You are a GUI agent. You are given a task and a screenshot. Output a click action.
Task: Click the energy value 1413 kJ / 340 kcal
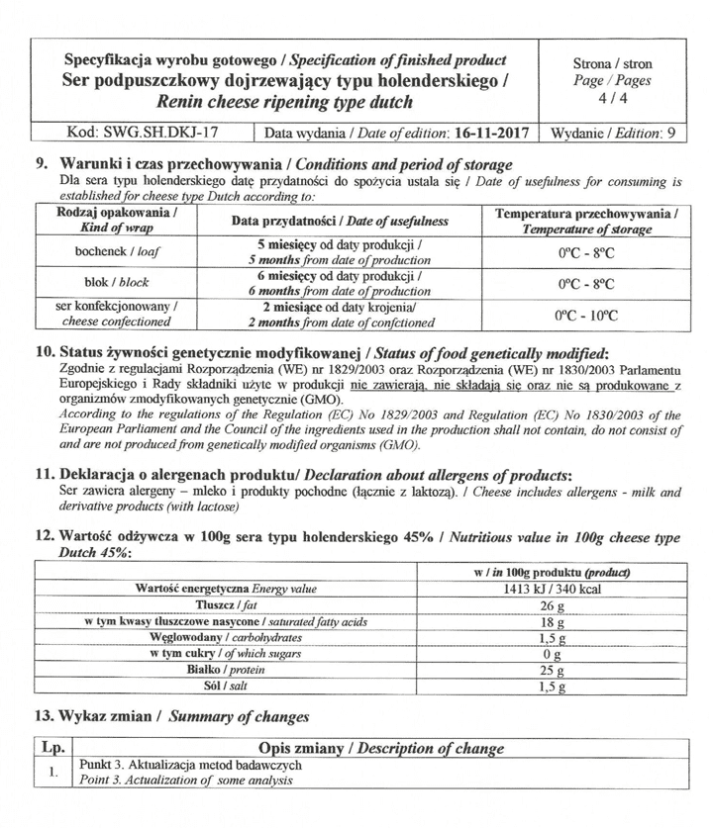coord(554,589)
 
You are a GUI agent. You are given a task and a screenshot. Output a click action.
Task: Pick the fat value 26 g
coord(554,605)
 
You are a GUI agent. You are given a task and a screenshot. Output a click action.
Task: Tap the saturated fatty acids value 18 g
coord(554,622)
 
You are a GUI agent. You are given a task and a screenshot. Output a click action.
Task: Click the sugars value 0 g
coord(554,655)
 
